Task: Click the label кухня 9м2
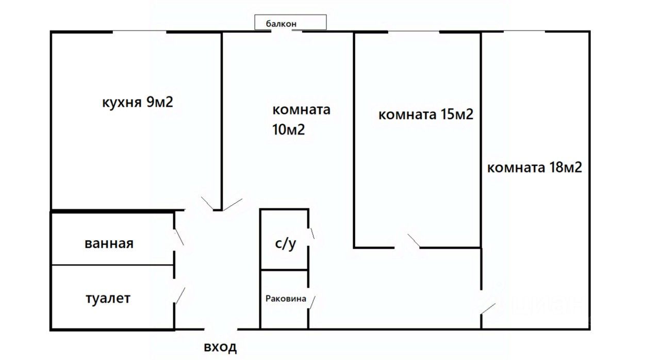coord(138,102)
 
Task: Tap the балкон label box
coord(290,22)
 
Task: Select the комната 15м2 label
coord(426,114)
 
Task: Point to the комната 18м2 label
coord(535,168)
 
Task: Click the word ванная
coord(109,243)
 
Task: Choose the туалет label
coord(108,298)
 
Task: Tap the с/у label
coord(285,243)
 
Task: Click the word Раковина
coord(286,299)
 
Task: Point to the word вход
coord(220,347)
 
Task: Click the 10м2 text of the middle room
coord(288,129)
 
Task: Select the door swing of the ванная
coord(179,237)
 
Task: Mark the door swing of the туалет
coord(180,295)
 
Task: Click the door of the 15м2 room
coord(414,240)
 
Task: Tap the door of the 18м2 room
coord(488,308)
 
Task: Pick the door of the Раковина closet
coord(312,302)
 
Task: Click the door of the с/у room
coord(312,233)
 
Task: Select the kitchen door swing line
coord(207,203)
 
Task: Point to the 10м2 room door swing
coord(233,204)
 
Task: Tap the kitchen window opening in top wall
coord(139,31)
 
